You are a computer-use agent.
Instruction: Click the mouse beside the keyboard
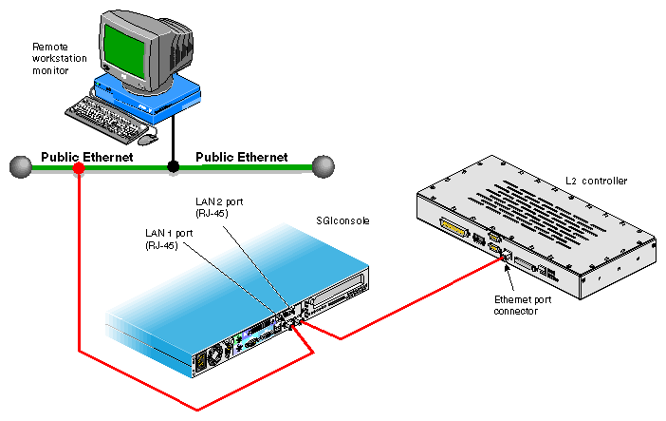coord(145,139)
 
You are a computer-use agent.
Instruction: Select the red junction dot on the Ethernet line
coord(79,168)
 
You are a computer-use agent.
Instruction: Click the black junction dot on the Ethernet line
coord(173,167)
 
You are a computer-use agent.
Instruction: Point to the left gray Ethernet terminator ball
coord(18,168)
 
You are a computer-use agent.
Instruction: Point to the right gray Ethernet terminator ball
coord(324,167)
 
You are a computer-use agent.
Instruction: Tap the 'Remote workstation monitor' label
coord(58,58)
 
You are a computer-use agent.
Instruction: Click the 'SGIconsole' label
coord(342,220)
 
